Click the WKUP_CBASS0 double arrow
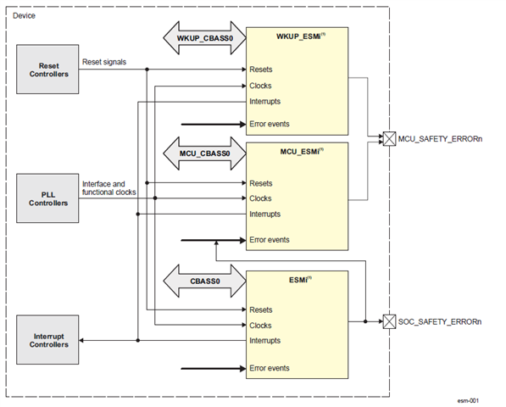(x=204, y=38)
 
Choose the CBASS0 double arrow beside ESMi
(x=204, y=279)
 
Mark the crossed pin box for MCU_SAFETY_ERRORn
(x=389, y=138)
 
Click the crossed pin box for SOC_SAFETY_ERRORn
(x=389, y=322)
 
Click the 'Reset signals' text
(x=104, y=62)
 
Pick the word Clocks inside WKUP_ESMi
(x=260, y=86)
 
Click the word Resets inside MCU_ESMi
(x=261, y=183)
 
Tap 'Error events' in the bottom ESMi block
(x=270, y=368)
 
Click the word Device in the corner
(x=25, y=15)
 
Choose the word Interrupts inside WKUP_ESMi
(x=264, y=102)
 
